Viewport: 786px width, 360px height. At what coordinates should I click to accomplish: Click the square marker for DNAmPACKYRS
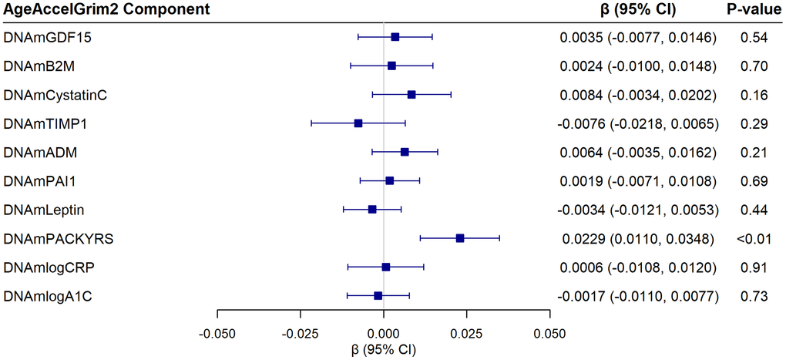click(460, 238)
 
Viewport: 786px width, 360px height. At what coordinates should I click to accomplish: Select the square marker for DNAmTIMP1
click(358, 123)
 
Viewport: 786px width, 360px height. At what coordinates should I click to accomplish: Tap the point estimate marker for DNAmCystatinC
click(411, 94)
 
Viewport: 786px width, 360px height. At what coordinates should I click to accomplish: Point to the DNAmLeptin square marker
click(372, 210)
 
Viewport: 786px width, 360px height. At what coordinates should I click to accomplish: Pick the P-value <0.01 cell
click(753, 238)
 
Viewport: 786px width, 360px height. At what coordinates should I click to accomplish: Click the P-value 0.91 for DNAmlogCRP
click(753, 267)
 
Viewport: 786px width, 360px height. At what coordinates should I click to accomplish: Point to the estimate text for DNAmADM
click(639, 152)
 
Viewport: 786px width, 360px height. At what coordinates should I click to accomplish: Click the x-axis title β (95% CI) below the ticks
click(384, 349)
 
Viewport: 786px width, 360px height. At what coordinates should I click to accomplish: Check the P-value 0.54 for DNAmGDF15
click(753, 37)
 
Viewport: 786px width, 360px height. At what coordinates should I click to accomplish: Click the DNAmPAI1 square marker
click(390, 180)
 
